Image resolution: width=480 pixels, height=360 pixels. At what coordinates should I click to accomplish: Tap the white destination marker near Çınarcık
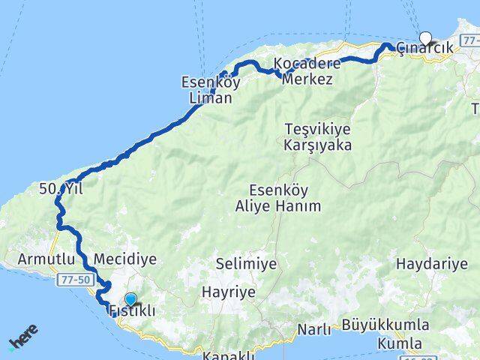(426, 37)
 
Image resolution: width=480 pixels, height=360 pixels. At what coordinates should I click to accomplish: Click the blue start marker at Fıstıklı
(131, 298)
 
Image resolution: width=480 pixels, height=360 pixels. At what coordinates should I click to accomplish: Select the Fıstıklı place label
(132, 310)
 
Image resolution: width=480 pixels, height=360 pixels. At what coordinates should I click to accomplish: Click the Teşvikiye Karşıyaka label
(318, 137)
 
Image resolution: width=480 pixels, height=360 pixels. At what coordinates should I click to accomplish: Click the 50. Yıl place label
(61, 190)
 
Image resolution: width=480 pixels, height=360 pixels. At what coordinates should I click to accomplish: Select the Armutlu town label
(30, 259)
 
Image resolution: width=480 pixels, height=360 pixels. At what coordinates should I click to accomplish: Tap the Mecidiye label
(126, 259)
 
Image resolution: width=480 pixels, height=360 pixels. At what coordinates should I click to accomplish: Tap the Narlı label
(314, 330)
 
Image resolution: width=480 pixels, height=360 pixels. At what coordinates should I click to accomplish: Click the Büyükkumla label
(385, 325)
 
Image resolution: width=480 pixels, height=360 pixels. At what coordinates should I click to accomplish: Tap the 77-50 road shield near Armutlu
(73, 278)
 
